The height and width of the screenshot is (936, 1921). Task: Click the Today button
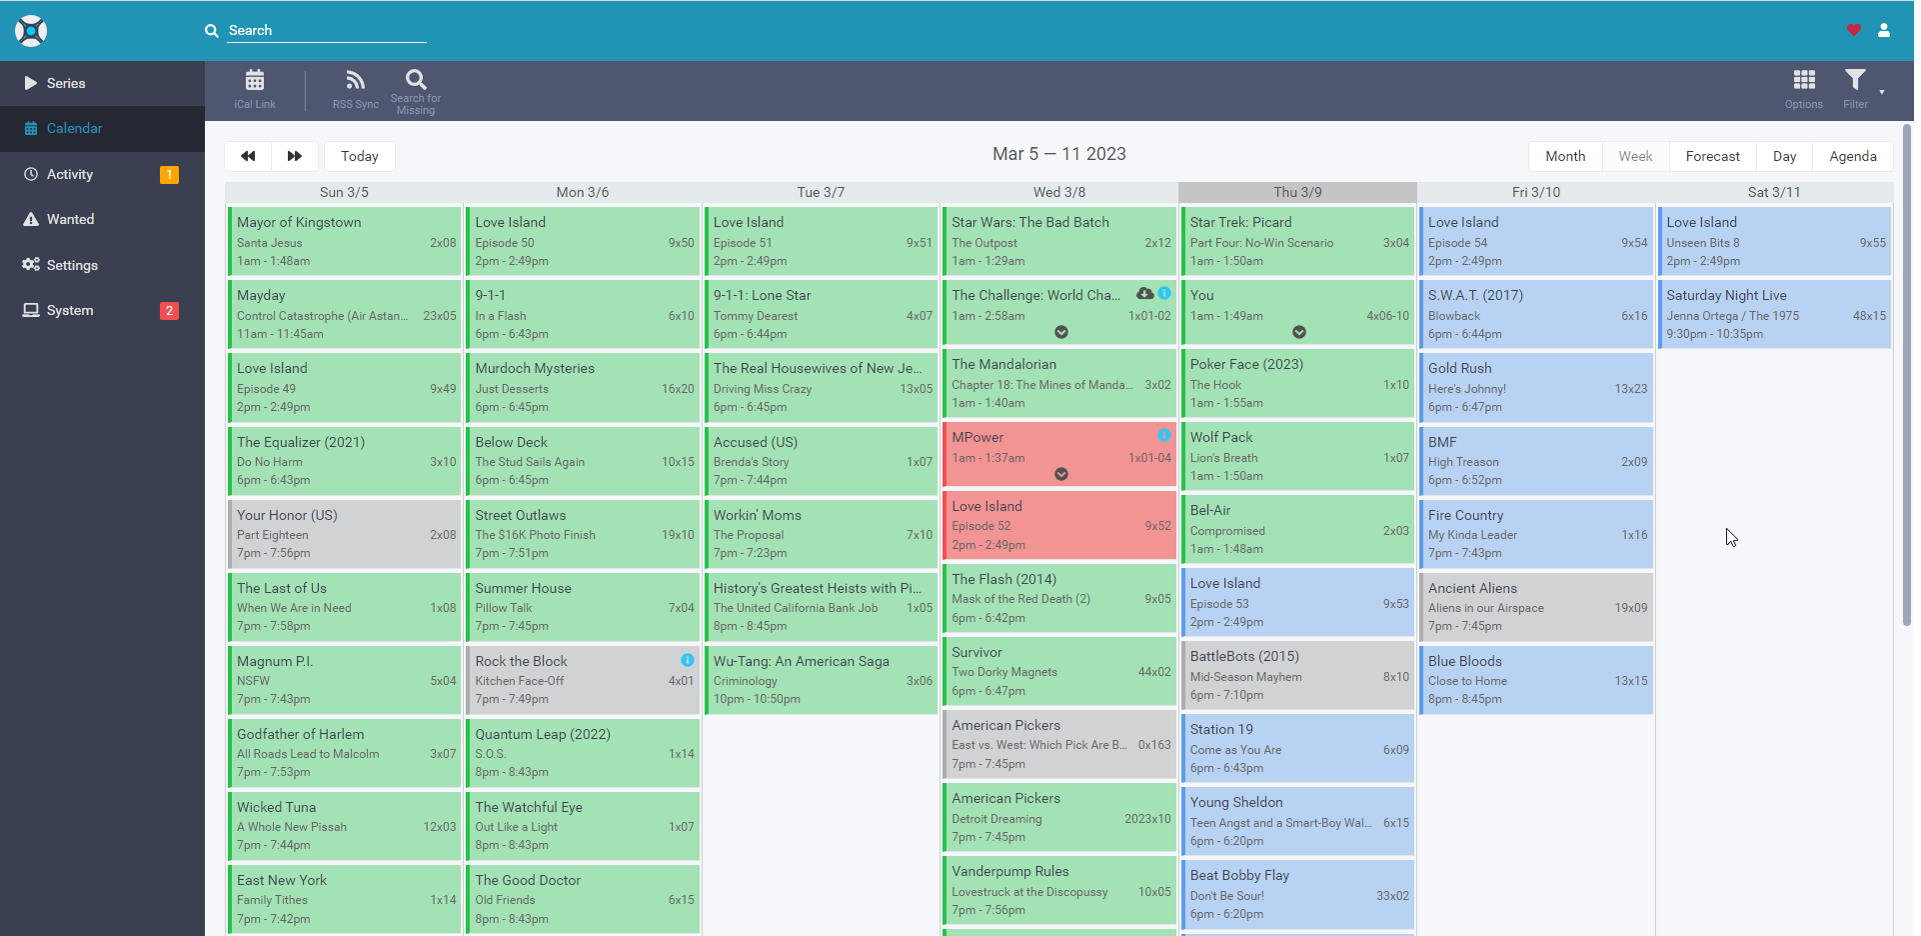[359, 156]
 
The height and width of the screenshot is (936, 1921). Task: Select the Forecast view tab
[1712, 156]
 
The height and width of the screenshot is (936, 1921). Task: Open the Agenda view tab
[1852, 156]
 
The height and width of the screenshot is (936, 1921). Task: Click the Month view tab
[1564, 156]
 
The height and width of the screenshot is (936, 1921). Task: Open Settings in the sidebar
[72, 265]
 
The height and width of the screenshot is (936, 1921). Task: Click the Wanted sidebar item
[70, 219]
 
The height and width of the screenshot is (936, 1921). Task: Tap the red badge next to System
[170, 310]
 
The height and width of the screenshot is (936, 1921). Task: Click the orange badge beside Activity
[170, 174]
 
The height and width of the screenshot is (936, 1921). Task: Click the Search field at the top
[326, 31]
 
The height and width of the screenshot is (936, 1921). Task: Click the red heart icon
[1853, 30]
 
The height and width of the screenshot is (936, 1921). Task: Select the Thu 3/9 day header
[1296, 192]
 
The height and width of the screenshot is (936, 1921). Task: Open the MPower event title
[977, 437]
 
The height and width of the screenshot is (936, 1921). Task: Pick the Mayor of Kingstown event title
[299, 222]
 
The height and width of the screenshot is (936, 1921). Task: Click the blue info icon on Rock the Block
[688, 660]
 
